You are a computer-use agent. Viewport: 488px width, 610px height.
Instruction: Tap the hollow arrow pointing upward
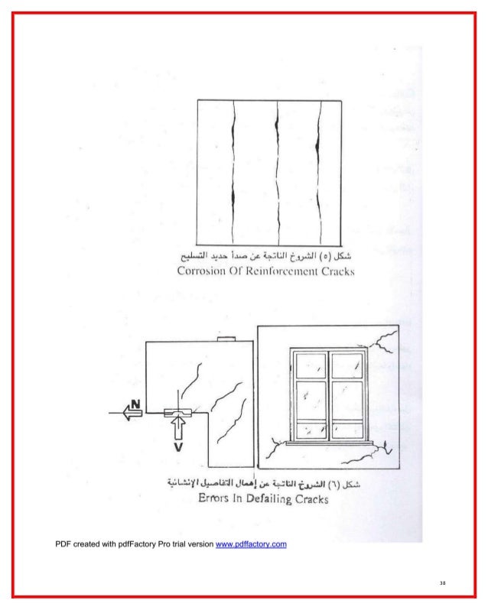pyautogui.click(x=177, y=429)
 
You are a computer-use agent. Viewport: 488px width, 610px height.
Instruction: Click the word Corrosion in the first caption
pyautogui.click(x=206, y=271)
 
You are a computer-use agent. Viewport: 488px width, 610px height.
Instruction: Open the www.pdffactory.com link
pyautogui.click(x=252, y=544)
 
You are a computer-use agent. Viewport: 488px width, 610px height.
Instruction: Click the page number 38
pyautogui.click(x=442, y=584)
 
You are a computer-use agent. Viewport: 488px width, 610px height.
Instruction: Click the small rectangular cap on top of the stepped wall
pyautogui.click(x=227, y=339)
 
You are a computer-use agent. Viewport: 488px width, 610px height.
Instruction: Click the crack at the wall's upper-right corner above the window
pyautogui.click(x=382, y=342)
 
